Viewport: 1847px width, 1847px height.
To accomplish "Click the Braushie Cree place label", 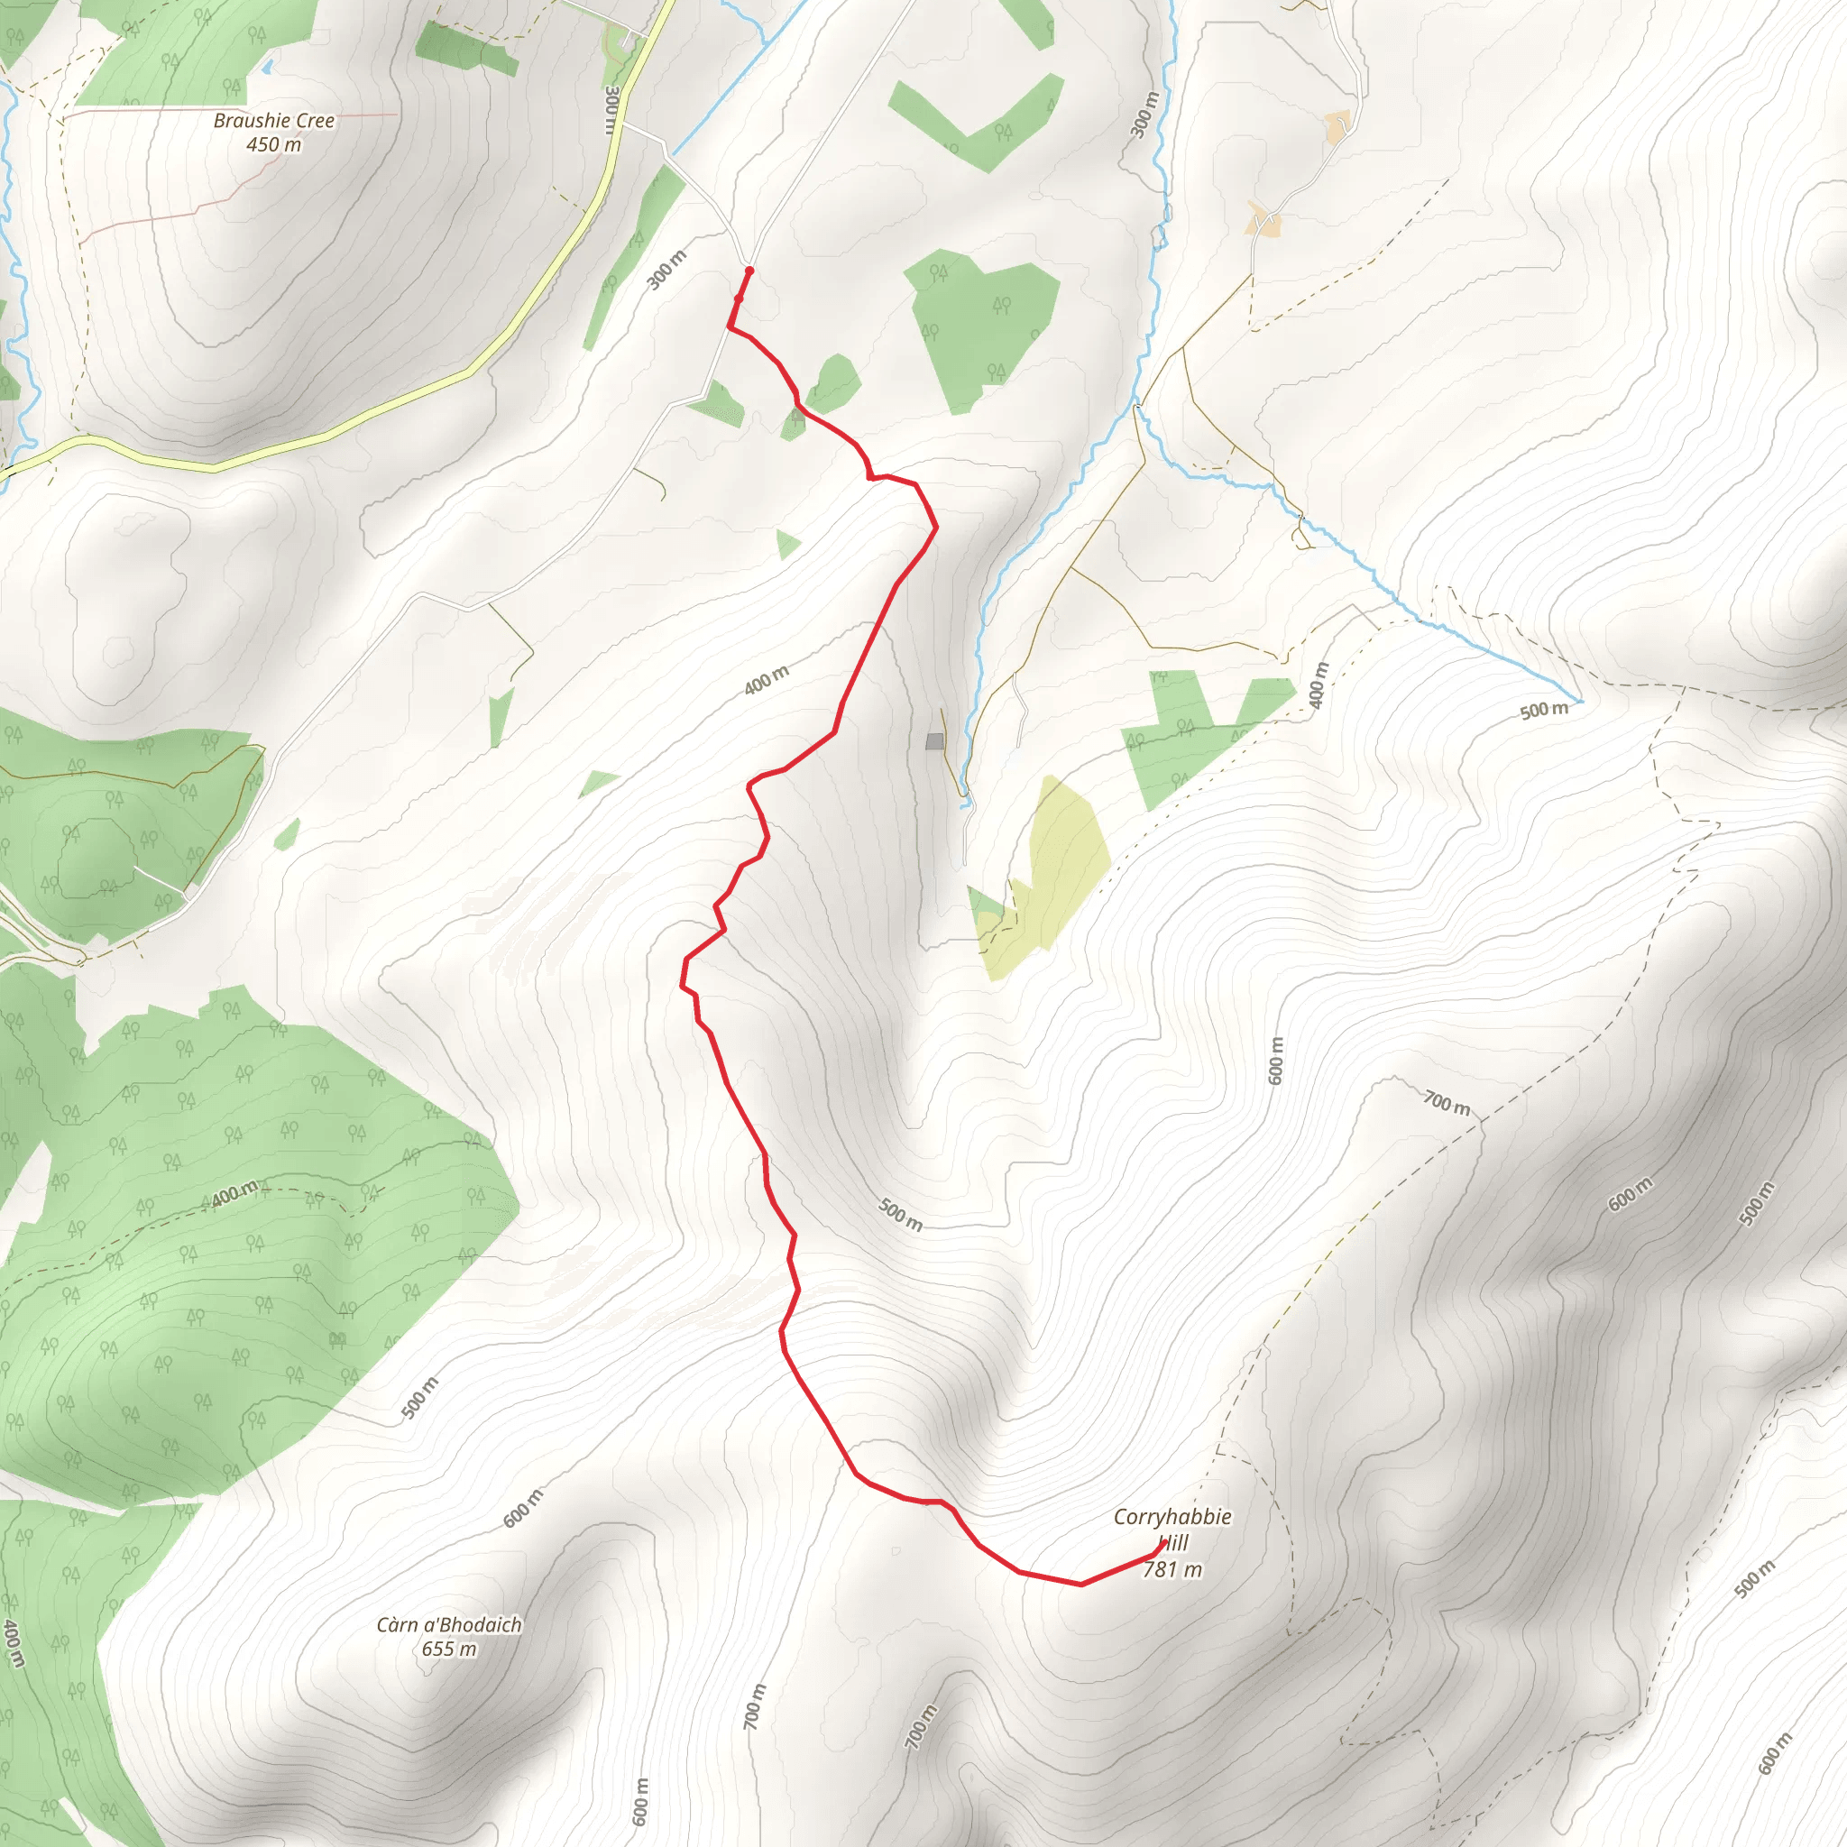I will (273, 121).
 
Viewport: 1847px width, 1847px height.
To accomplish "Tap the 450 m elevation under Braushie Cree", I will (273, 144).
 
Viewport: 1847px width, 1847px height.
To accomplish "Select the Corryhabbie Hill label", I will (1172, 1529).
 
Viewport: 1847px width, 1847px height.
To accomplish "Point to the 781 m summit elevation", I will (1172, 1570).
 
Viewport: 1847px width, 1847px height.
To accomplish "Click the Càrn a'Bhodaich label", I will (448, 1625).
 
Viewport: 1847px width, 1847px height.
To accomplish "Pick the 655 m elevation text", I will (448, 1649).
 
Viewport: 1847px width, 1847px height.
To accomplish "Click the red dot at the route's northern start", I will (749, 271).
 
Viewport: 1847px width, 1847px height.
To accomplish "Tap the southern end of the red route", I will (1162, 1543).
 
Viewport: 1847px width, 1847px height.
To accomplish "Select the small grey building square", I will (934, 741).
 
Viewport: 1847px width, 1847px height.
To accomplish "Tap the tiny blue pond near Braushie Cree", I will (267, 67).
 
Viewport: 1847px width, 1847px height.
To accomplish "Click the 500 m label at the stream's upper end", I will (1544, 711).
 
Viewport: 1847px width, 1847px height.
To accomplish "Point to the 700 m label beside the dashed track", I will (1447, 1103).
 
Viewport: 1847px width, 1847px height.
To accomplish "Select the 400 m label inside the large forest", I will (234, 1194).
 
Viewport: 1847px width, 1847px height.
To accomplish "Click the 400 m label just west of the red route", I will (767, 680).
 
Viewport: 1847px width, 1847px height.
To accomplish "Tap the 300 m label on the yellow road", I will (611, 110).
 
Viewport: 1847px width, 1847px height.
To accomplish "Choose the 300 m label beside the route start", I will (666, 270).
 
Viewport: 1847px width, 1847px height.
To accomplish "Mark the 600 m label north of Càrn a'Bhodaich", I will (523, 1508).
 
